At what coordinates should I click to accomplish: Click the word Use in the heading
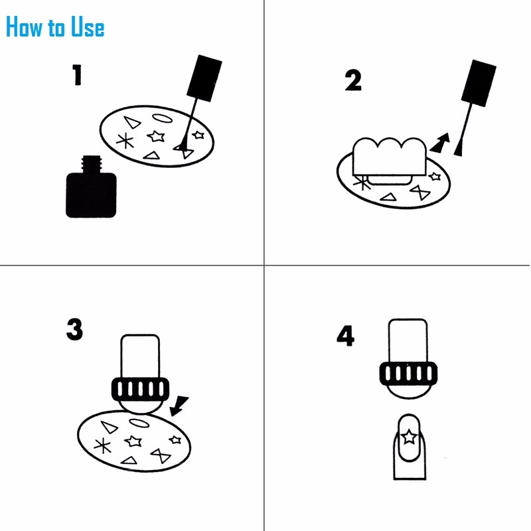tap(88, 27)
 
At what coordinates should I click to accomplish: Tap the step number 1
tap(77, 75)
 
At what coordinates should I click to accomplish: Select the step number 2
tap(353, 80)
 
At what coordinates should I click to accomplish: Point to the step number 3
tap(74, 329)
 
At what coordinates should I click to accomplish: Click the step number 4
tap(345, 336)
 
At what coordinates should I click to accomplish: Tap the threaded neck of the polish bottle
tap(92, 164)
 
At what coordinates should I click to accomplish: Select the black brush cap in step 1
tap(204, 78)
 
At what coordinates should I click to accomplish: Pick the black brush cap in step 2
tap(479, 83)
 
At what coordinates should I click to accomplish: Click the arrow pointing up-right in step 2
tap(440, 142)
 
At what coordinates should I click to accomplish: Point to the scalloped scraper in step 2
tap(389, 157)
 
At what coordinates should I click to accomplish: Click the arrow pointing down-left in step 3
tap(179, 406)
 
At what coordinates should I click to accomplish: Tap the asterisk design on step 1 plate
tap(125, 141)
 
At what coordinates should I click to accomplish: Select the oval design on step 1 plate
tap(162, 118)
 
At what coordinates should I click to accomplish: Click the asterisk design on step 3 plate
tap(103, 445)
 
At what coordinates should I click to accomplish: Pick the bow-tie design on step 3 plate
tap(161, 455)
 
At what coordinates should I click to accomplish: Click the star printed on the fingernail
tap(409, 437)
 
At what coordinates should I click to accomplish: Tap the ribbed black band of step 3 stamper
tap(140, 389)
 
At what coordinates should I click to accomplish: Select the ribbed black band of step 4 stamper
tap(408, 374)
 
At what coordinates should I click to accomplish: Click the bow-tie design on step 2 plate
tap(420, 192)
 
